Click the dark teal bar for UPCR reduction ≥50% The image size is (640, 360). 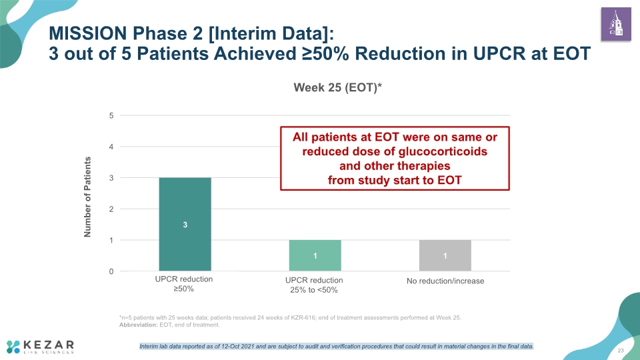185,224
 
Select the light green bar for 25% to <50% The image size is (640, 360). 315,255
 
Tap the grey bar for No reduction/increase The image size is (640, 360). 445,255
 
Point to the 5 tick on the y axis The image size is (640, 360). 111,115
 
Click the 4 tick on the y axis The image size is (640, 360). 111,147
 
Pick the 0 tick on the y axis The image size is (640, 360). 111,271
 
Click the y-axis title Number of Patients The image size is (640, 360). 87,197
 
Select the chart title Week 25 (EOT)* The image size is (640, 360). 337,87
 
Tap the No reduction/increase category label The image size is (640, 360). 445,281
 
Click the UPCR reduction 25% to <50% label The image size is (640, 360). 314,285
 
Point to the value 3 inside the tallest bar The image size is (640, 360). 185,225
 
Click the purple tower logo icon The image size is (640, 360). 616,24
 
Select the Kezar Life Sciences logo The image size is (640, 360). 40,347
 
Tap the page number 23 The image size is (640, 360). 621,351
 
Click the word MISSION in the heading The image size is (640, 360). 88,33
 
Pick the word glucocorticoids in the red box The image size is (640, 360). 443,151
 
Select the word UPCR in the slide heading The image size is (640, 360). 499,53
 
